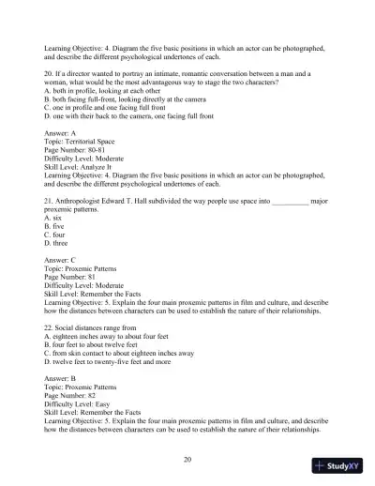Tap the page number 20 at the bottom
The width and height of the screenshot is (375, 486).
pos(187,459)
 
